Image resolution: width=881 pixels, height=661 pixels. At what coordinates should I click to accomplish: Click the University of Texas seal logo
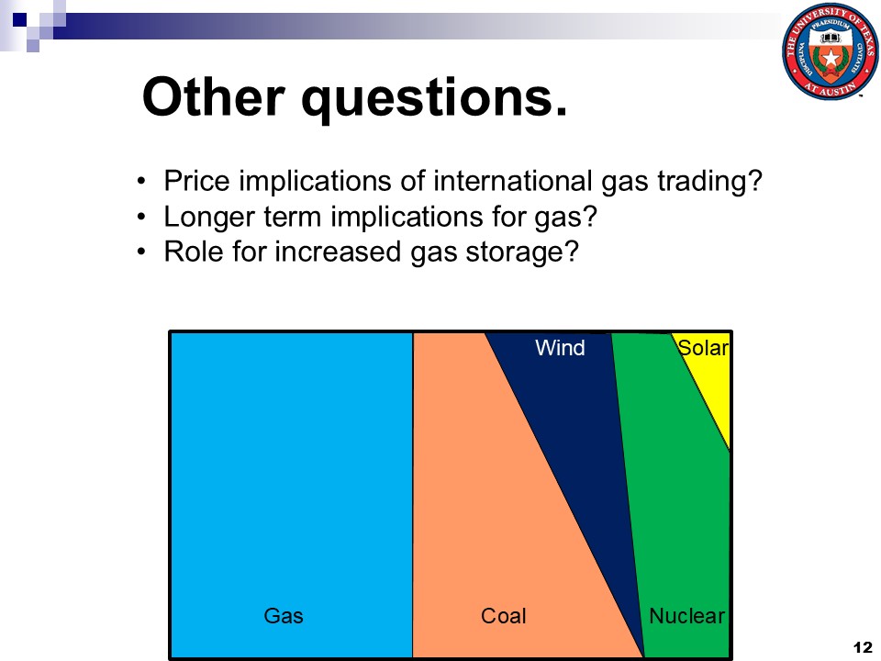830,51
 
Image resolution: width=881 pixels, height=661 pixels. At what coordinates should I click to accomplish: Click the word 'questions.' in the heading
434,100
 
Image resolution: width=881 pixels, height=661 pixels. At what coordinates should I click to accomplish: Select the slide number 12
862,647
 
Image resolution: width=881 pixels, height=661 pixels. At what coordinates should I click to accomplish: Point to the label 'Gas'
284,615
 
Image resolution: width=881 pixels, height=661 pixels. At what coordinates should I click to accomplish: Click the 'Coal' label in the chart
504,615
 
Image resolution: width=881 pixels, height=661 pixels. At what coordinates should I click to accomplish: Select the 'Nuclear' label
686,615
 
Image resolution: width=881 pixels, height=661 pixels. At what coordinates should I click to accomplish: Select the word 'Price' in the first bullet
196,181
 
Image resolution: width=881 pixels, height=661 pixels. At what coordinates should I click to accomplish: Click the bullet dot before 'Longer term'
141,217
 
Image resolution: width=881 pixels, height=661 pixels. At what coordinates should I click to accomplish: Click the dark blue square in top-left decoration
20,20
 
